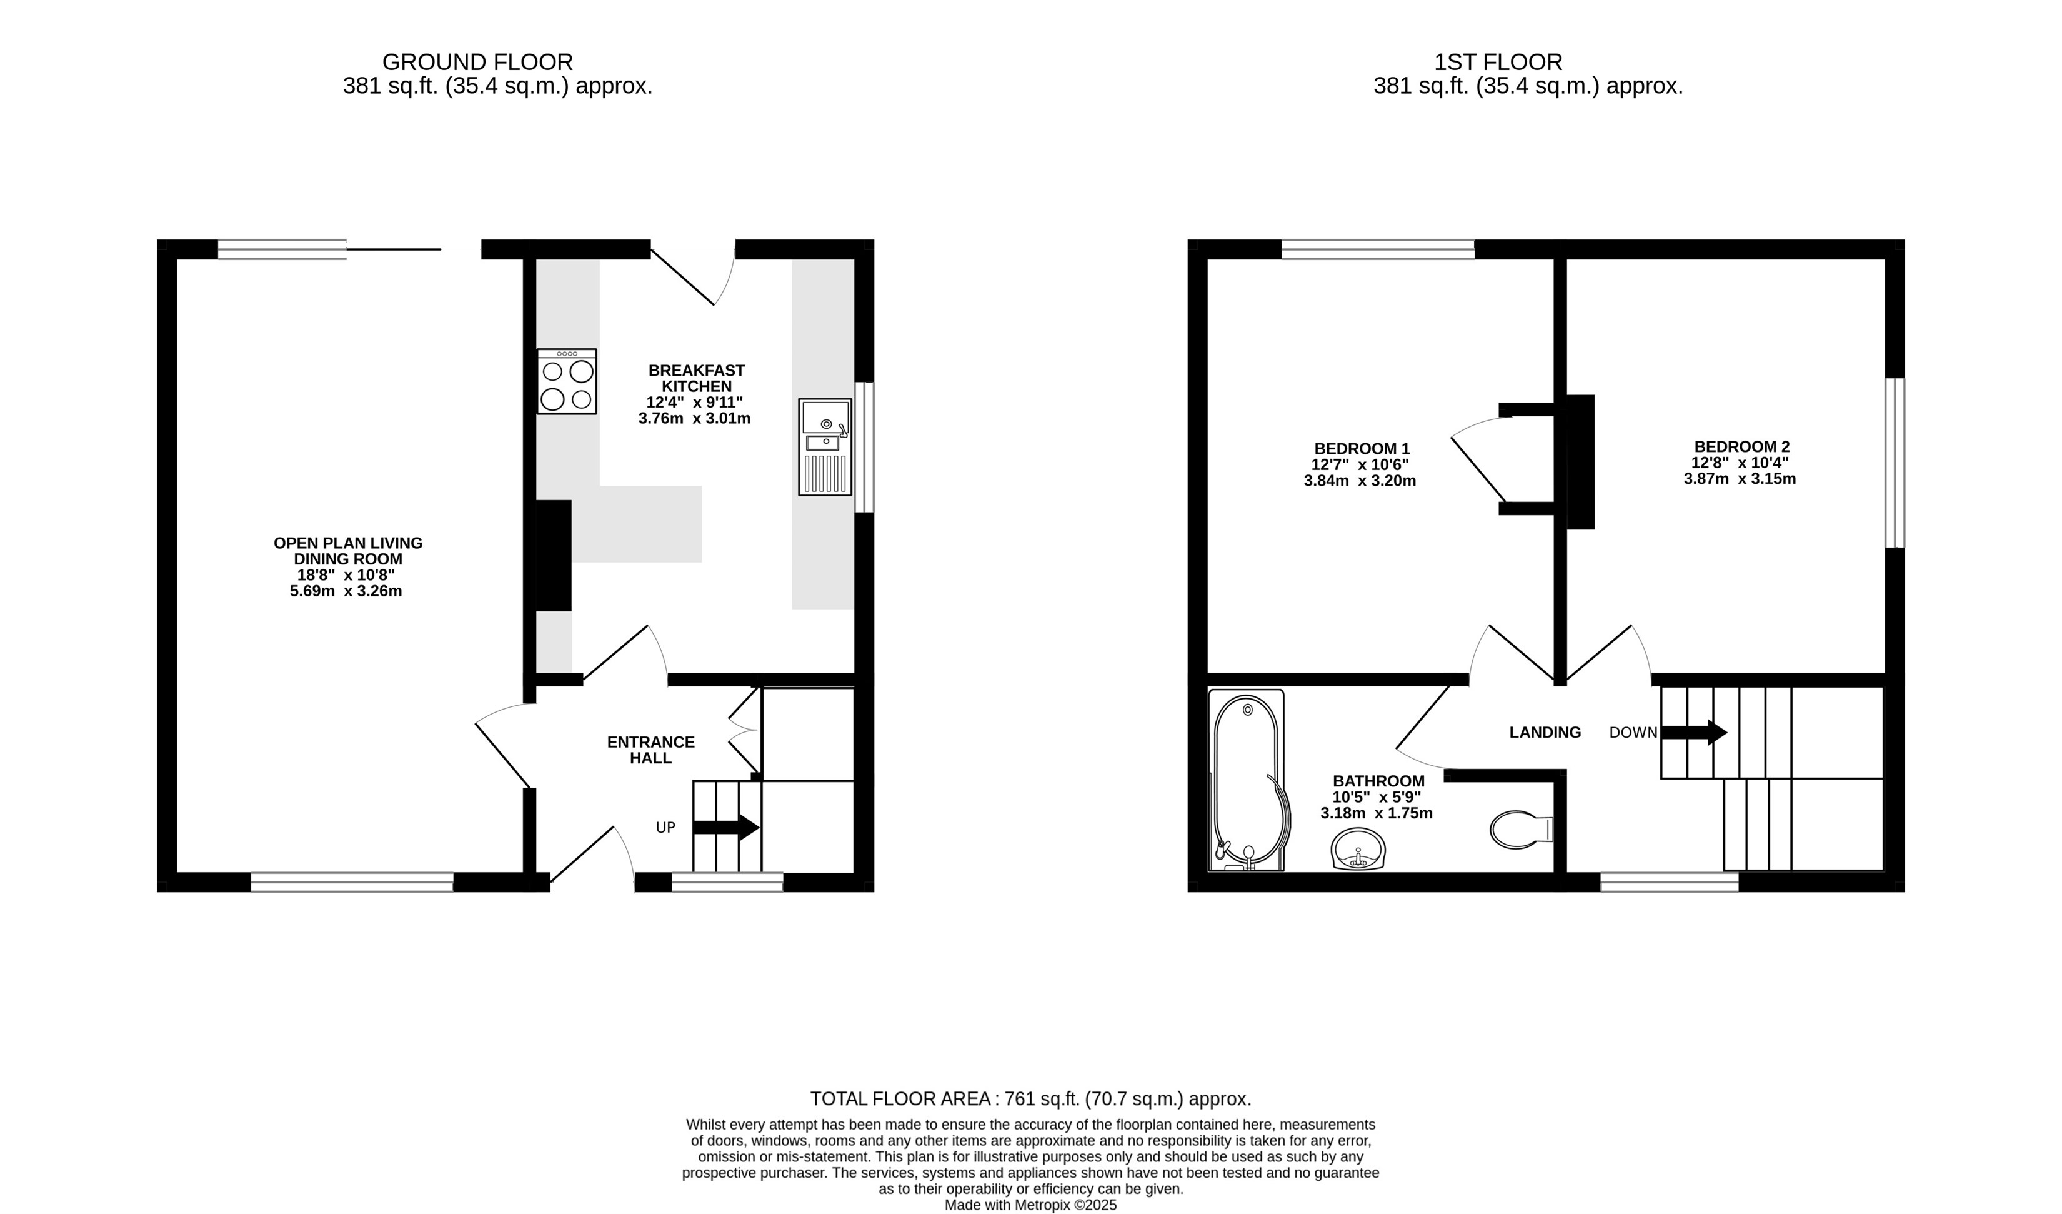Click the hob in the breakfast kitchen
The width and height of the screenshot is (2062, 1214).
coord(566,381)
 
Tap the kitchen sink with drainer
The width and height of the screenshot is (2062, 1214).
coord(825,447)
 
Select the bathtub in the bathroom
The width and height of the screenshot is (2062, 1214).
coord(1246,780)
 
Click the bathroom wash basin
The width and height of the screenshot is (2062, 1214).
coord(1358,848)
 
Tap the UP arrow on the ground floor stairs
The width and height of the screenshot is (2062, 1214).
coord(726,827)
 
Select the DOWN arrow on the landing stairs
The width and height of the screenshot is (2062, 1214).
coord(1694,732)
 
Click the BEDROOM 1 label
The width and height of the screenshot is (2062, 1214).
coord(1362,449)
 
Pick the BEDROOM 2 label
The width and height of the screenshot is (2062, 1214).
coord(1742,447)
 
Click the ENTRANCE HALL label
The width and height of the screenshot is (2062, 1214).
coord(650,750)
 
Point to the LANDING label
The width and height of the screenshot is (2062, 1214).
coord(1545,733)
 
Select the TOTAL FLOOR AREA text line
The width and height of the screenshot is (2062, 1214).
coord(1030,1098)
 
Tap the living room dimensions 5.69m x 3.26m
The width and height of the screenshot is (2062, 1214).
coord(346,591)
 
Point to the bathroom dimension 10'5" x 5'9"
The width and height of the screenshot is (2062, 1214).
coord(1377,796)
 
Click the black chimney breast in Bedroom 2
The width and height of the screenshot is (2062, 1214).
coord(1581,462)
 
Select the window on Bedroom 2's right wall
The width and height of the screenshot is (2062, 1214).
coord(1895,463)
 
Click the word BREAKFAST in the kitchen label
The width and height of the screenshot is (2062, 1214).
coord(696,371)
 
